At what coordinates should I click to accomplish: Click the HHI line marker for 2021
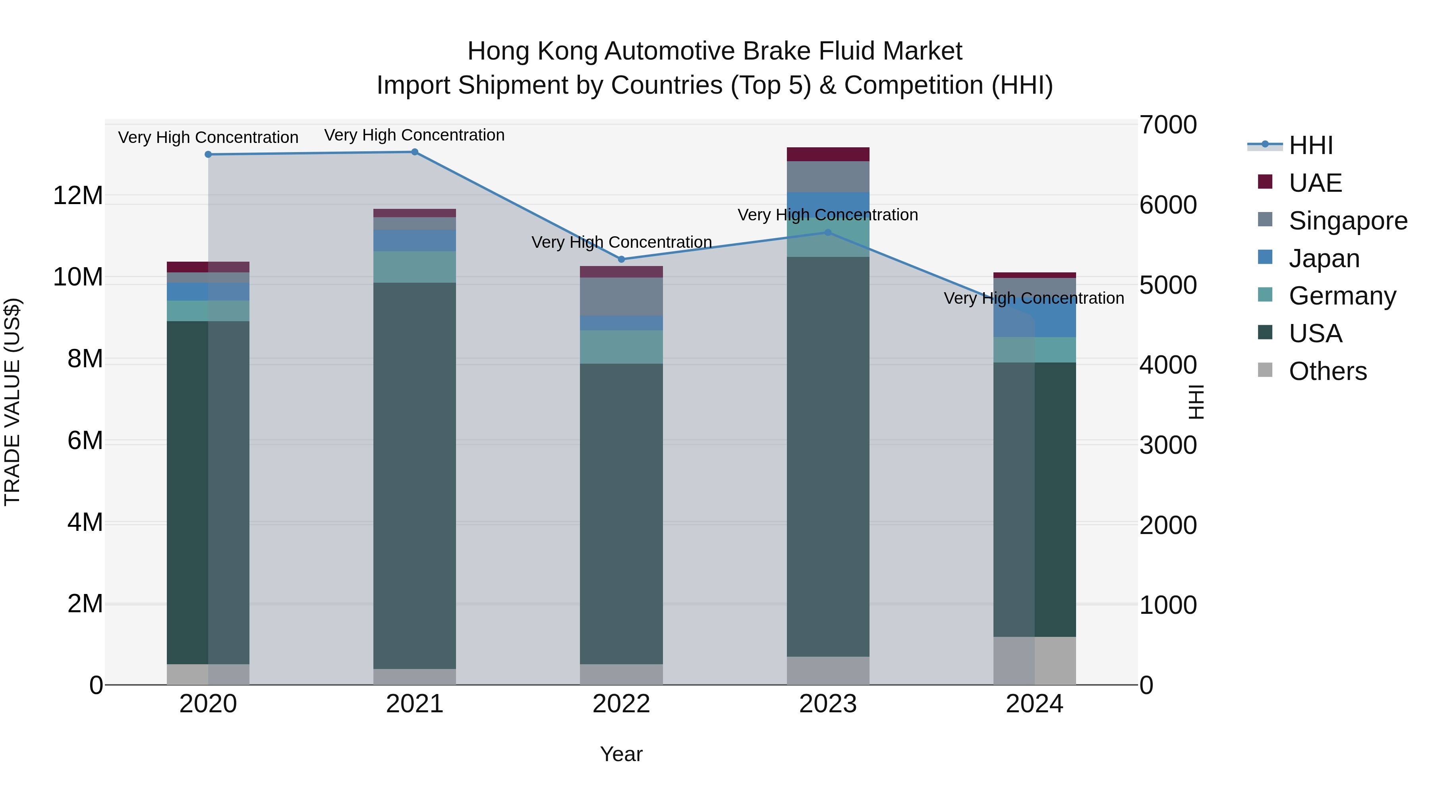click(415, 152)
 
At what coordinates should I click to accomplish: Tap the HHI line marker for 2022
click(621, 259)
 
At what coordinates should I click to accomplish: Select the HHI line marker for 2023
click(828, 233)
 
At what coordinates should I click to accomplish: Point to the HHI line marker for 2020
click(208, 154)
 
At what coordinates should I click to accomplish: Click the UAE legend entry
click(1314, 183)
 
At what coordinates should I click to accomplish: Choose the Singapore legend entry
click(1347, 221)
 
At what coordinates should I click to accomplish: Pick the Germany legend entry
click(1342, 296)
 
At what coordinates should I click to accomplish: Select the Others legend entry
click(1327, 371)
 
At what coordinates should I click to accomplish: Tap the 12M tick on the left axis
click(78, 195)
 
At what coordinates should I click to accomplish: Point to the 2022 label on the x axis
click(621, 704)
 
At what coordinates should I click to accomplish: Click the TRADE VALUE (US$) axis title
click(12, 402)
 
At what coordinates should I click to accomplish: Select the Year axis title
click(621, 754)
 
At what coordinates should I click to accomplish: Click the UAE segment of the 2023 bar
click(828, 154)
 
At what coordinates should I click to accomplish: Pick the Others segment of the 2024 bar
click(1034, 660)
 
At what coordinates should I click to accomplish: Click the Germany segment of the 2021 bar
click(415, 267)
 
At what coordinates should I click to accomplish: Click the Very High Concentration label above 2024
click(1034, 299)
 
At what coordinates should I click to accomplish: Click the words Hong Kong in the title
click(532, 51)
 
